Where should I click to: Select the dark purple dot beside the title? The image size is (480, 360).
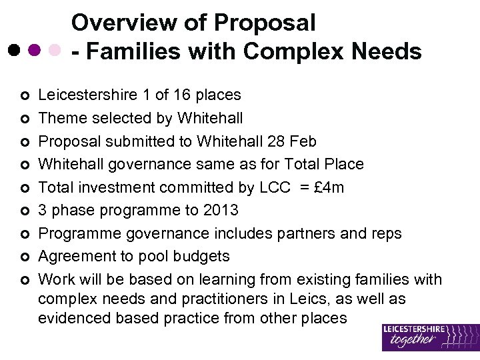tap(34, 50)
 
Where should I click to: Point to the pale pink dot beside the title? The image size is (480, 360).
tap(55, 50)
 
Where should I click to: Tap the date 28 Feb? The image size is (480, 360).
tap(286, 141)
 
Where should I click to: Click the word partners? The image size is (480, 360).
tap(305, 233)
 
